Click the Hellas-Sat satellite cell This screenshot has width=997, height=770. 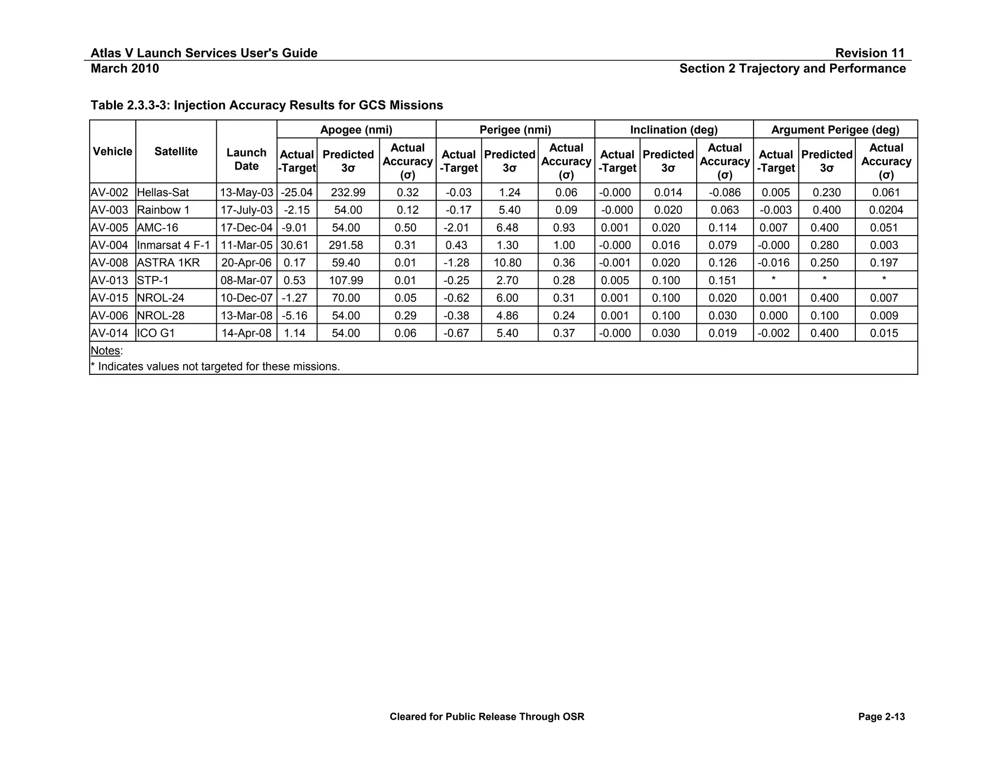pos(163,192)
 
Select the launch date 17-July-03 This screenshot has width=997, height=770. pos(246,210)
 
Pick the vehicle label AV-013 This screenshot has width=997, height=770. pos(110,280)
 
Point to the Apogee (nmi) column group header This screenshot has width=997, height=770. pos(356,129)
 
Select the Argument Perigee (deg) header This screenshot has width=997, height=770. pos(835,129)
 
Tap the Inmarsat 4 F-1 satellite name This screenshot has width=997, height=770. pos(173,245)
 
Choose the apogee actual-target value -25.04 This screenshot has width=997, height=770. pos(296,192)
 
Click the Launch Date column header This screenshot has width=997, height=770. pos(246,159)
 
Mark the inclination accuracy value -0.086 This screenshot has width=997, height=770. pos(724,192)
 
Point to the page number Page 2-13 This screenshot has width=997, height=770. pos(881,716)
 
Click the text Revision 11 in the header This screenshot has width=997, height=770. pos(869,53)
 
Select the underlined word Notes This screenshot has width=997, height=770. pos(105,350)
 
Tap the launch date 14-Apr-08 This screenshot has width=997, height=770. pos(246,333)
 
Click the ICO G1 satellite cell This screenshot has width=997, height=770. pos(156,333)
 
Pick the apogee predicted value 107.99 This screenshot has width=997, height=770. pos(346,280)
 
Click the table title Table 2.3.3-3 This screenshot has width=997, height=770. pos(267,105)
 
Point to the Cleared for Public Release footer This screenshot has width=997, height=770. pos(487,716)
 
